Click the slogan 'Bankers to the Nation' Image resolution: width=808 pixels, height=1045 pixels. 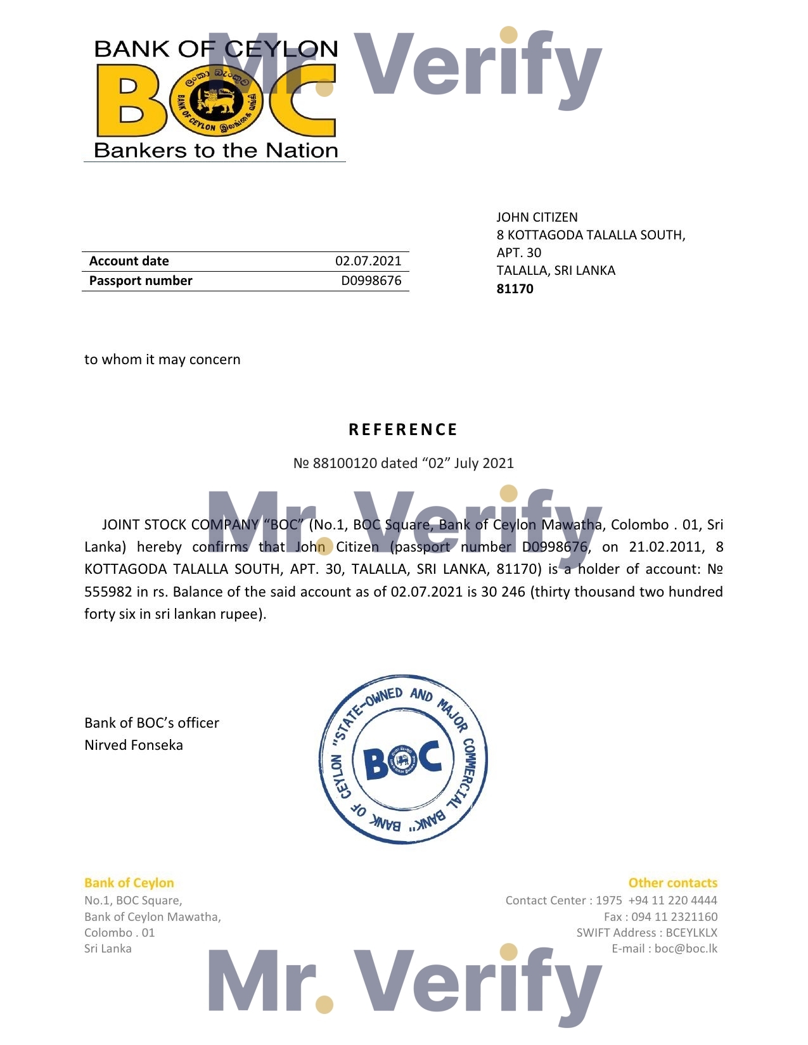215,151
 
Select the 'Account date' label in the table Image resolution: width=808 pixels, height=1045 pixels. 129,261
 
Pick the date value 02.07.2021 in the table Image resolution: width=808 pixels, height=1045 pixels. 368,261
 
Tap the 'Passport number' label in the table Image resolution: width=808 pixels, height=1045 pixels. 140,281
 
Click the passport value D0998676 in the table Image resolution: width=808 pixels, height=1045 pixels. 371,281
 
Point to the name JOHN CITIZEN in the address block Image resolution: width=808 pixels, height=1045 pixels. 536,217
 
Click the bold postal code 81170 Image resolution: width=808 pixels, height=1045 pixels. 515,289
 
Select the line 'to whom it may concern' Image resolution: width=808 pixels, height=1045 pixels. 162,360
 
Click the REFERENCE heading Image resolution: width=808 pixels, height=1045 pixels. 403,429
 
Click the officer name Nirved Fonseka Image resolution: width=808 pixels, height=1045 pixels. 133,745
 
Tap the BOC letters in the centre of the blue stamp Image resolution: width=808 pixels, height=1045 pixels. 403,760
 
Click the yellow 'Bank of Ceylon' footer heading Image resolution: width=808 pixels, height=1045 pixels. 129,883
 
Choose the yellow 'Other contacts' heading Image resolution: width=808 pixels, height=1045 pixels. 672,883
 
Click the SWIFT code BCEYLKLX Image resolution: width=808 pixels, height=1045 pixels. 691,932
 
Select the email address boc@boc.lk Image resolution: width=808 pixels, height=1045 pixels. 686,948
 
